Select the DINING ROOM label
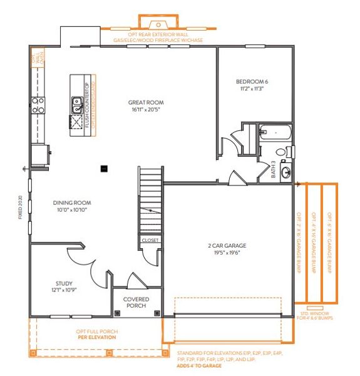(72, 203)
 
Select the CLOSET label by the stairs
(150, 240)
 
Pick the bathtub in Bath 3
(274, 133)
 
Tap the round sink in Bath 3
(285, 170)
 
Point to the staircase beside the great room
(150, 197)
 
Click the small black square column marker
(105, 167)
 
